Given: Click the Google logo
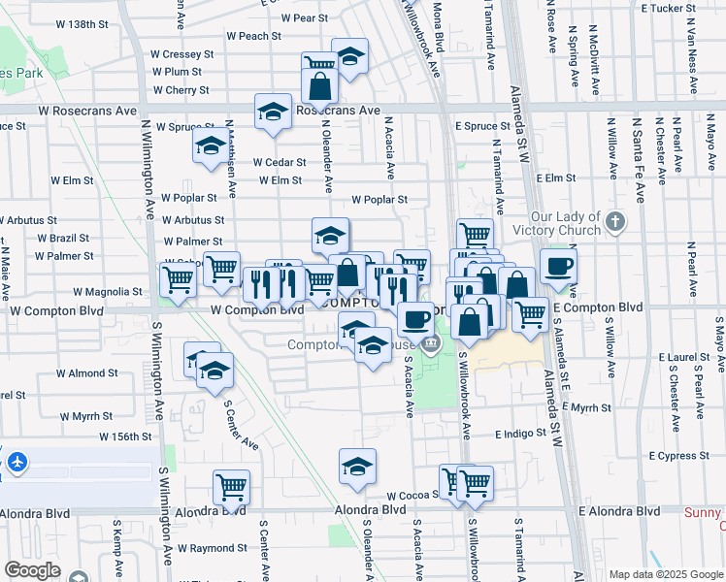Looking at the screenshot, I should pos(33,570).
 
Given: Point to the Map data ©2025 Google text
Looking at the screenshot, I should pos(666,574).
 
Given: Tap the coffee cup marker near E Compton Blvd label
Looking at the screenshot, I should pos(557,267).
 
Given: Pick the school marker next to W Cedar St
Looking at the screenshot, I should pos(211,147).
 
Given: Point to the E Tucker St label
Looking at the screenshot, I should pos(669,8).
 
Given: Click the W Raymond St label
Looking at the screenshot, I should pos(207,548).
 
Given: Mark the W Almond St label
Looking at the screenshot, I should pos(86,372).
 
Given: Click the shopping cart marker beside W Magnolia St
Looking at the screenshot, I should pos(179,278).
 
